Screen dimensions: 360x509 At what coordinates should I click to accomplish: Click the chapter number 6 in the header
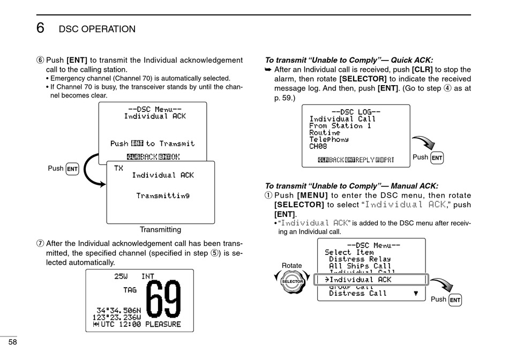40,28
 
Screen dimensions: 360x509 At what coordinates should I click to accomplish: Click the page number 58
12,342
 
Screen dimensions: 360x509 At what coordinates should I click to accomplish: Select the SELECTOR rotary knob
293,281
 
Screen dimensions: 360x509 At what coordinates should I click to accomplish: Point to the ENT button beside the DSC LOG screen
437,157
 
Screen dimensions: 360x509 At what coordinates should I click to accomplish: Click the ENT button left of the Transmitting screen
72,169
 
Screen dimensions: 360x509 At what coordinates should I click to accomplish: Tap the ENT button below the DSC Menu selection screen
455,300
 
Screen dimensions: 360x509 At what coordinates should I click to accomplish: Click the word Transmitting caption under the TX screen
160,230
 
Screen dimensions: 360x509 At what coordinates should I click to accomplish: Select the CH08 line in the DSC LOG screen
318,146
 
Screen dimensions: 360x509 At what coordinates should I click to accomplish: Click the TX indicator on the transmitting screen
118,168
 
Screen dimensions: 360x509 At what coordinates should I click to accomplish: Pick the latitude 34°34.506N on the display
118,310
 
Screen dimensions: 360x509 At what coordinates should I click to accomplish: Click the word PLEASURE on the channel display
163,324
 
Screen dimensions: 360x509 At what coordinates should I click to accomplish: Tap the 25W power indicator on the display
121,276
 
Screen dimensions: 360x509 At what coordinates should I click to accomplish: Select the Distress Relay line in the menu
360,259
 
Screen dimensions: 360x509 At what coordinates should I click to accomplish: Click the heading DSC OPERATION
97,29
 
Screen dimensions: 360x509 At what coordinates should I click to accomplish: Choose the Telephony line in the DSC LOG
329,139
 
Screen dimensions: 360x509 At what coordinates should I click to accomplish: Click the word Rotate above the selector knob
291,266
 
